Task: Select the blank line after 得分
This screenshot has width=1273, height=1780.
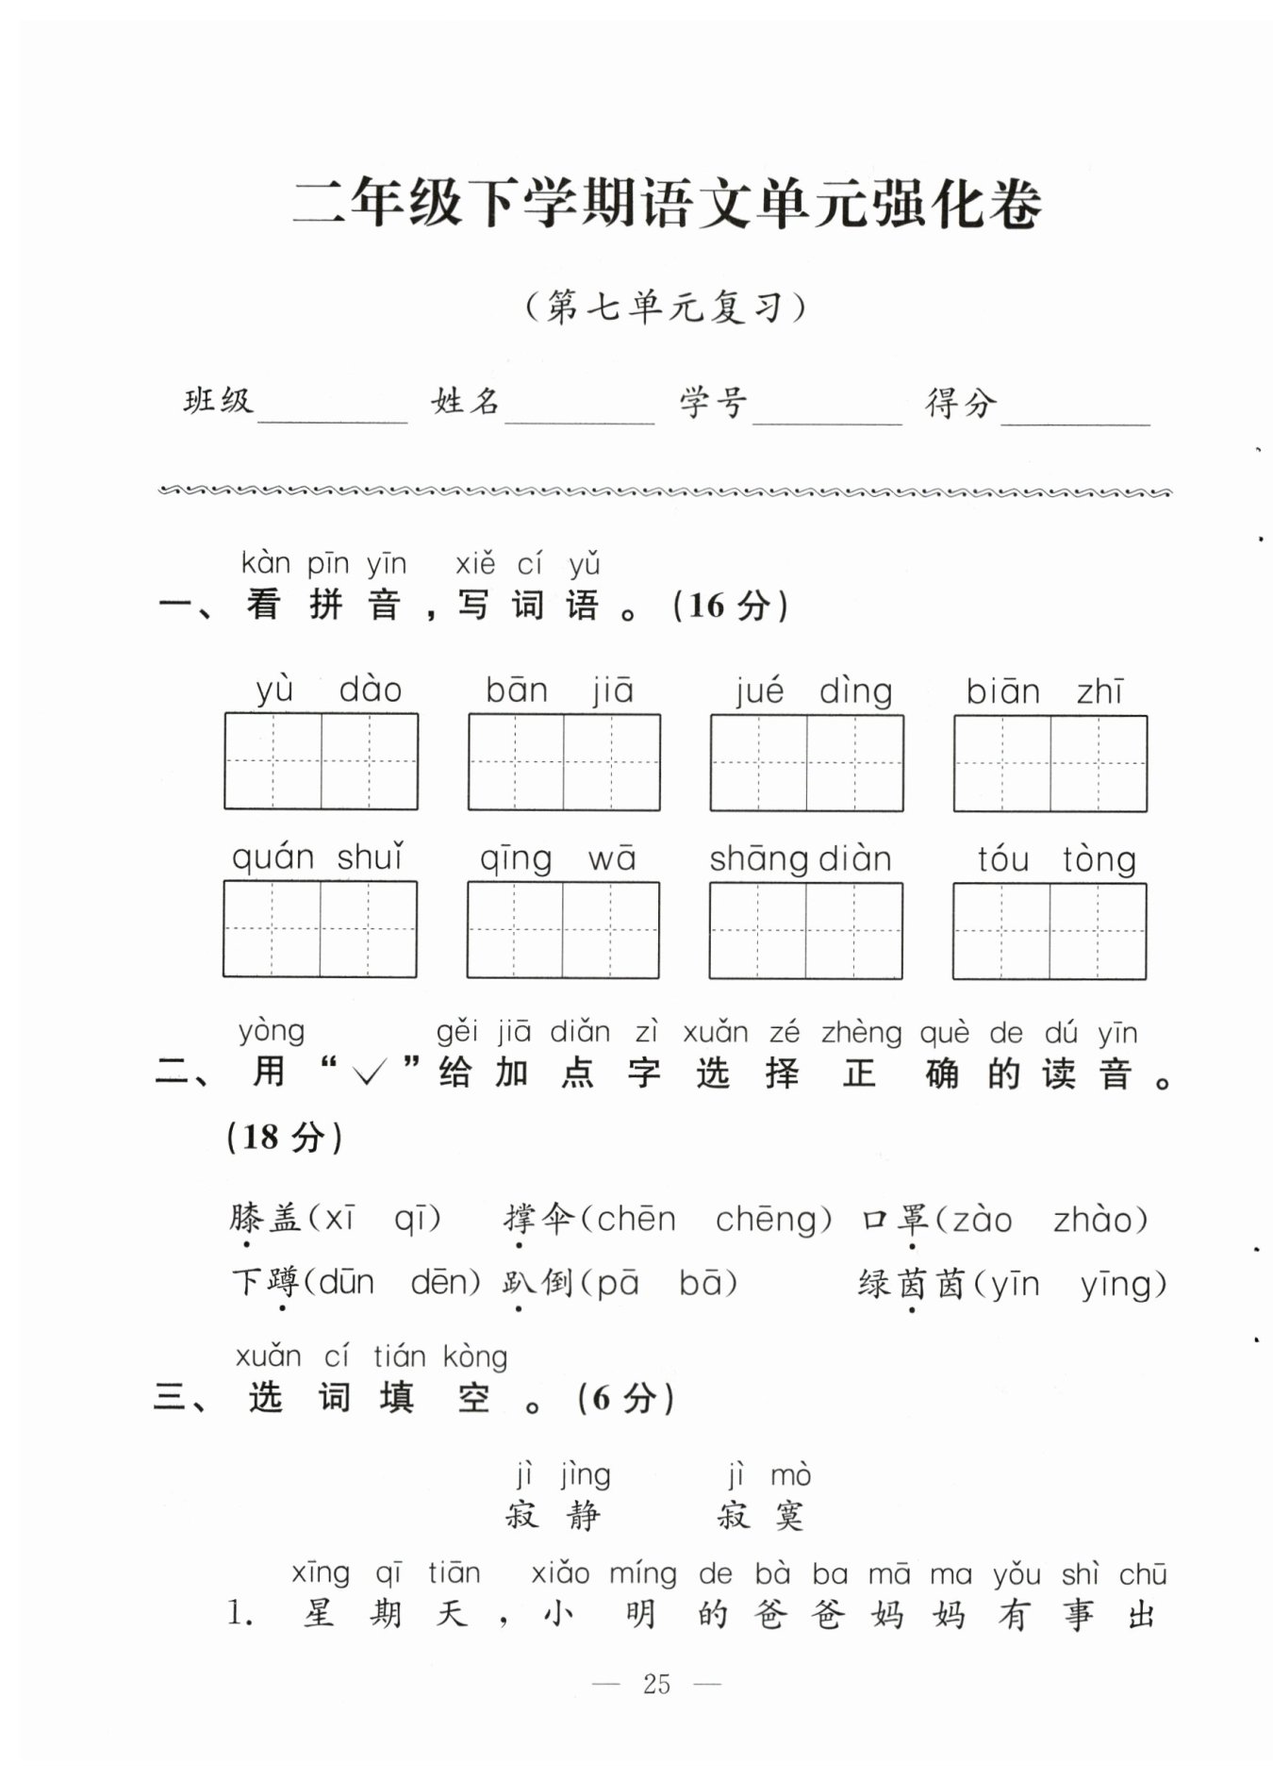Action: click(x=1075, y=424)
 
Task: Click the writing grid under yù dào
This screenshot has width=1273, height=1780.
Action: click(x=321, y=761)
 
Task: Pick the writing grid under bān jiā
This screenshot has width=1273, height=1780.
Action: click(x=564, y=762)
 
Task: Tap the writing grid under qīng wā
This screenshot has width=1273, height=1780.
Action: click(x=563, y=930)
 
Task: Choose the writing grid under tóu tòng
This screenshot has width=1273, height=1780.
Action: click(x=1050, y=931)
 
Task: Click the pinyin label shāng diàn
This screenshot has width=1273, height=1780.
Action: click(x=800, y=859)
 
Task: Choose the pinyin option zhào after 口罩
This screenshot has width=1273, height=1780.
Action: click(x=1093, y=1220)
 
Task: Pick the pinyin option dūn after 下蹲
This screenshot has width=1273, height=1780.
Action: click(x=347, y=1282)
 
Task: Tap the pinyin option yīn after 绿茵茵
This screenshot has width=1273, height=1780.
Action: click(x=1014, y=1285)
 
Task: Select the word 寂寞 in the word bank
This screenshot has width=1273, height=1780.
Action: click(x=760, y=1516)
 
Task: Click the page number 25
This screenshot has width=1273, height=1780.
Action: click(x=656, y=1684)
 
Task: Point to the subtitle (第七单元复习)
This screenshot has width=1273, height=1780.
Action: click(x=667, y=307)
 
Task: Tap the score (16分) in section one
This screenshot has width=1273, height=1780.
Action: click(x=731, y=605)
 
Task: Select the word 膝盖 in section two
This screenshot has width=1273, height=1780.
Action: click(x=265, y=1218)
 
